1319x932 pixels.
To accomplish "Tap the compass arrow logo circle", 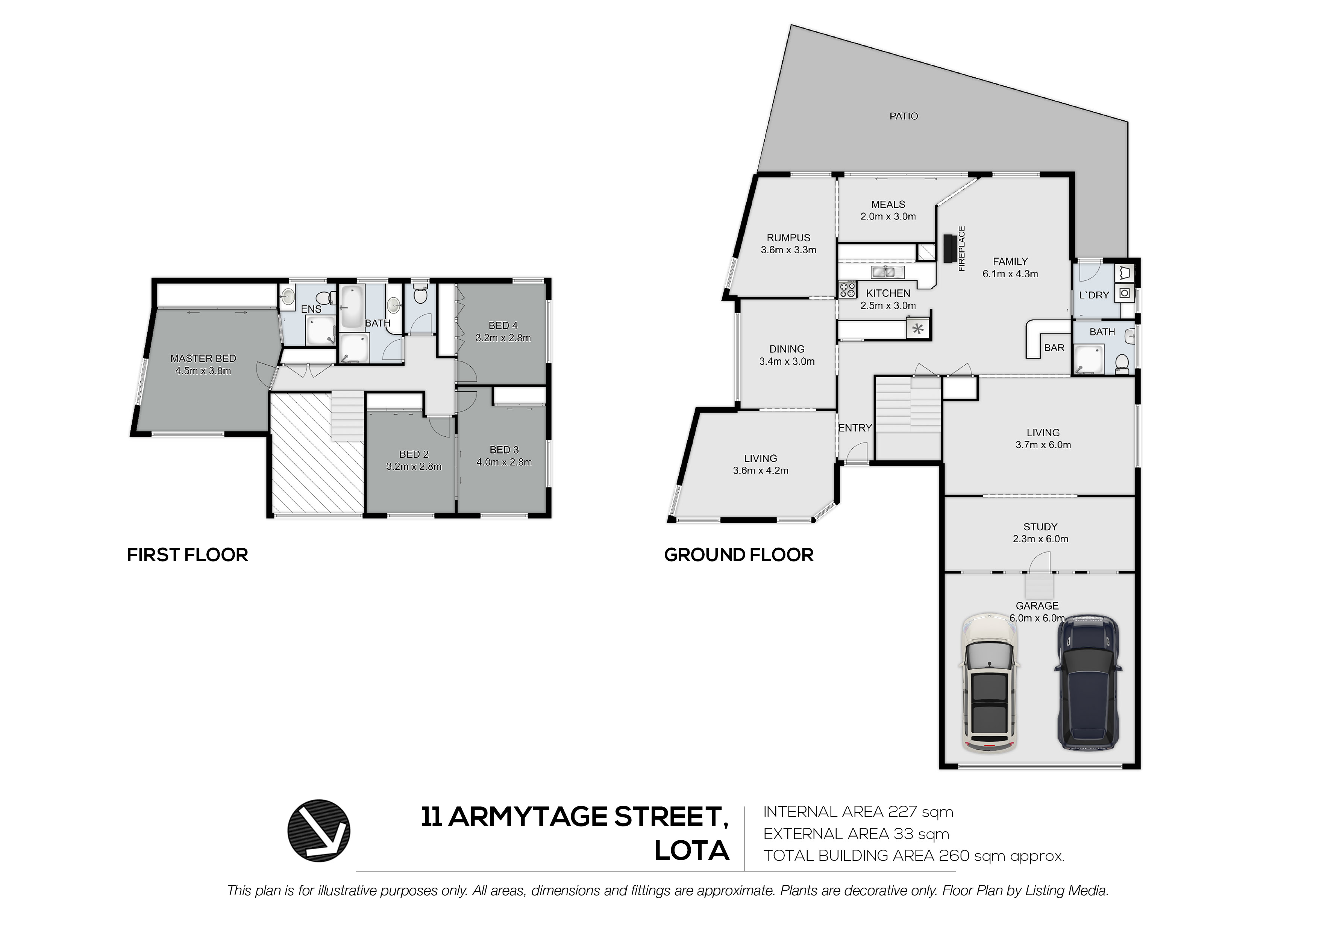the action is [319, 831].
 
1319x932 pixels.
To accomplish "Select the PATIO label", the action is [904, 116].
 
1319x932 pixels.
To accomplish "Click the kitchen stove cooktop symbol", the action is [847, 289].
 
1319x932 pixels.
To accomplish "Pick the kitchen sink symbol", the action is [888, 272].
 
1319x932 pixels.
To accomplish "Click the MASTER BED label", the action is [203, 358].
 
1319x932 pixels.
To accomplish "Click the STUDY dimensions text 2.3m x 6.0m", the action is [1040, 539].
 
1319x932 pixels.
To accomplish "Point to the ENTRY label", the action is [855, 428].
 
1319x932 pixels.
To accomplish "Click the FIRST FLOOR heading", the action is [187, 555].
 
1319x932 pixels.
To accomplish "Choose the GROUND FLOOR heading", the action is [739, 555].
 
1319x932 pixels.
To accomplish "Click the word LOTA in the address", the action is [692, 850].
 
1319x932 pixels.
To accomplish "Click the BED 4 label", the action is [503, 325].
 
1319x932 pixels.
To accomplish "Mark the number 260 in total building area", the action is [954, 856].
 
